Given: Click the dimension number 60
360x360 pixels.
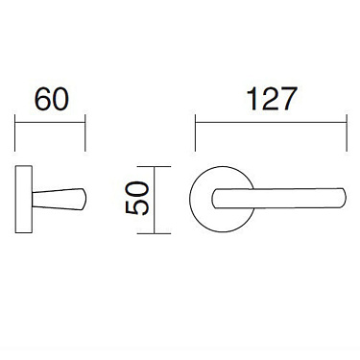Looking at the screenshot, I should tap(51, 100).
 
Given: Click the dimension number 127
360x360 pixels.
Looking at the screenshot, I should tap(271, 100).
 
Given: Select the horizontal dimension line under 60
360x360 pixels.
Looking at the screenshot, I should tap(51, 122).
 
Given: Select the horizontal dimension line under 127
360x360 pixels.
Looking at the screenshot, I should tap(271, 122).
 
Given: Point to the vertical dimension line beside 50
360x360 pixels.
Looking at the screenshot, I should tap(158, 201).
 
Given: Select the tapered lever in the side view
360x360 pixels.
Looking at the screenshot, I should tap(58, 200).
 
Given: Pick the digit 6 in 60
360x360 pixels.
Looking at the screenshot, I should tap(41, 100).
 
